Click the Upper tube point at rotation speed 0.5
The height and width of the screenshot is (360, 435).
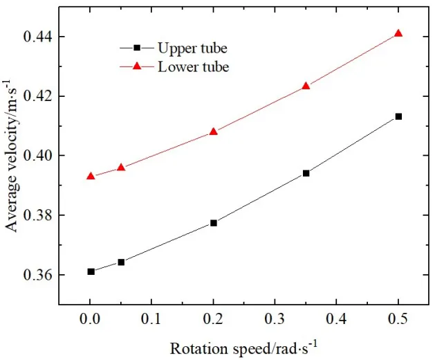click(x=398, y=116)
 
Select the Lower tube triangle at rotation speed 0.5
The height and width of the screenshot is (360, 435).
click(x=398, y=33)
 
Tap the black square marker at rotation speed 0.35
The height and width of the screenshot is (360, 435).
click(x=306, y=173)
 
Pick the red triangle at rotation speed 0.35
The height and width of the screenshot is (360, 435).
click(x=306, y=86)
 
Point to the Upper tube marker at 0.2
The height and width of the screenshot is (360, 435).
click(x=213, y=223)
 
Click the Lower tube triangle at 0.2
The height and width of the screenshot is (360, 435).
click(x=213, y=132)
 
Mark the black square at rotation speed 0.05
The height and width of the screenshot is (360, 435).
click(x=121, y=262)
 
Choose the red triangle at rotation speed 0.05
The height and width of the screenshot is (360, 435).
click(x=121, y=168)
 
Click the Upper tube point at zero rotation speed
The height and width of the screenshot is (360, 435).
click(x=91, y=271)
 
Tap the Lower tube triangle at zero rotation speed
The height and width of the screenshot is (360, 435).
click(x=91, y=176)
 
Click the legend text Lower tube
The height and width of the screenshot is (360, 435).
click(x=193, y=67)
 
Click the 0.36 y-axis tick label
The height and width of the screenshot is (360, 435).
click(x=39, y=276)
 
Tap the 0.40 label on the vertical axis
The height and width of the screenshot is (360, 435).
click(x=39, y=156)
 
